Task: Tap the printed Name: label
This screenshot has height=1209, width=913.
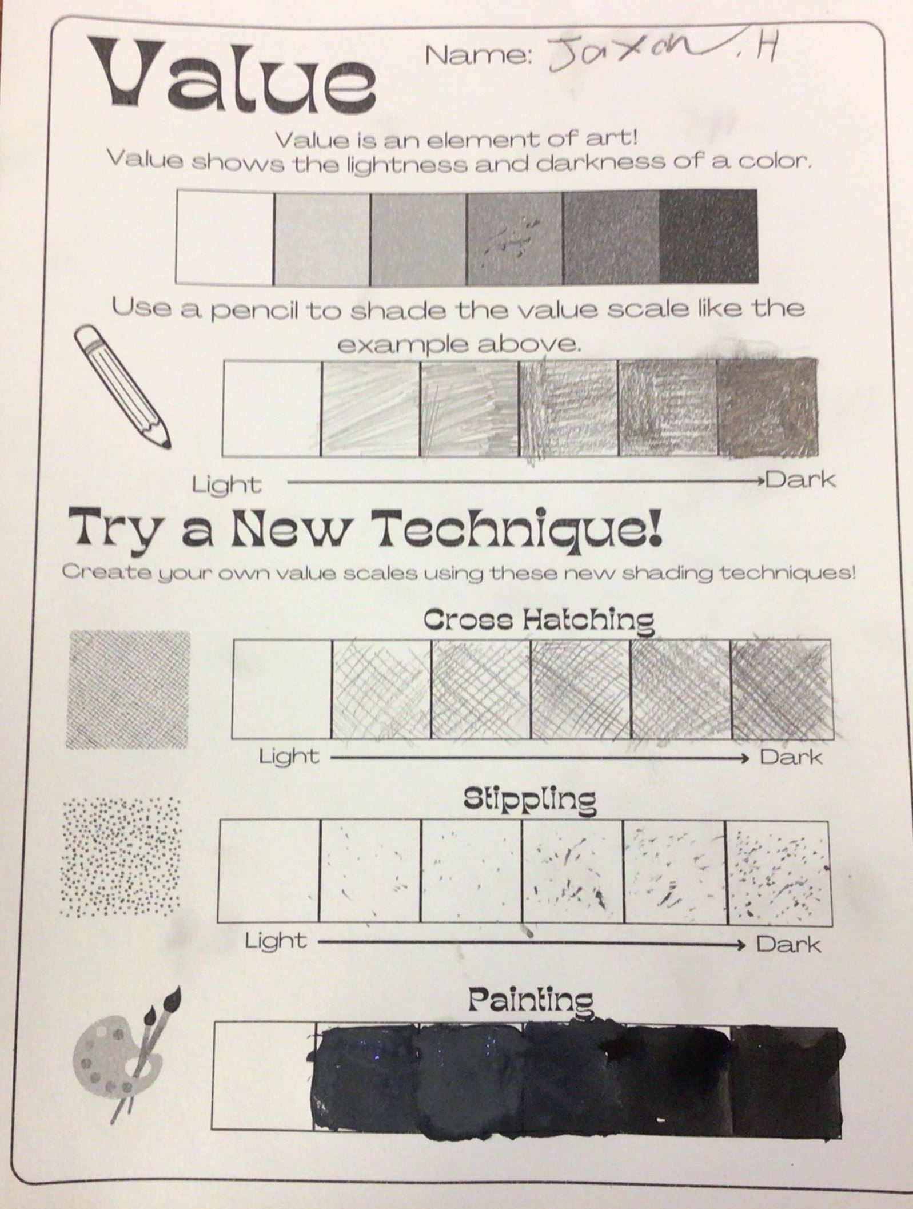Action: point(480,55)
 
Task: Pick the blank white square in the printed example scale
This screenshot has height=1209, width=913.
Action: point(225,237)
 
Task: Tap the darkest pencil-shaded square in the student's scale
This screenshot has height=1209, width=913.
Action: point(767,407)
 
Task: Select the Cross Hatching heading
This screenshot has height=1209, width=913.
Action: point(539,622)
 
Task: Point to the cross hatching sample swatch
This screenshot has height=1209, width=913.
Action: point(129,690)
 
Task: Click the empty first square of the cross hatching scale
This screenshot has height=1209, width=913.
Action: point(282,689)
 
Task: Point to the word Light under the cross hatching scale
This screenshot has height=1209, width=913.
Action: point(289,757)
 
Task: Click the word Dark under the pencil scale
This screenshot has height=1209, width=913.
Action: point(800,479)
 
